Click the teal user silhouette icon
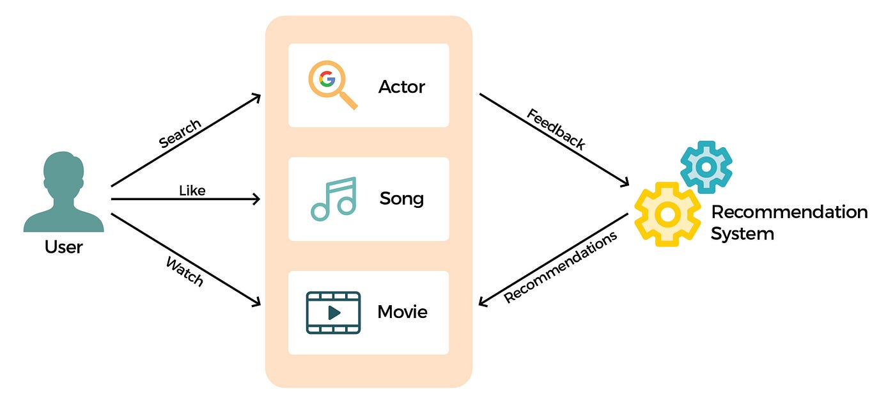pos(63,192)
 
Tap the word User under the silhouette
pos(63,246)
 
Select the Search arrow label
pos(180,134)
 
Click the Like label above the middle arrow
pos(192,190)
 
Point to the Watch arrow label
pos(185,271)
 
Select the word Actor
pos(401,86)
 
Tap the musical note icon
pos(333,199)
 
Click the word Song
pos(401,198)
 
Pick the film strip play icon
pos(333,312)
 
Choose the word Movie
pos(402,312)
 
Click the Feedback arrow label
pos(556,129)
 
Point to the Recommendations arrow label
pos(561,267)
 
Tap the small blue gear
pos(706,166)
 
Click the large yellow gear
pos(667,214)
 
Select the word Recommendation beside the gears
pos(789,212)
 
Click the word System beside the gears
pos(742,234)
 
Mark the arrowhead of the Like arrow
pos(257,199)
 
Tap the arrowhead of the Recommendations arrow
pos(483,303)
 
